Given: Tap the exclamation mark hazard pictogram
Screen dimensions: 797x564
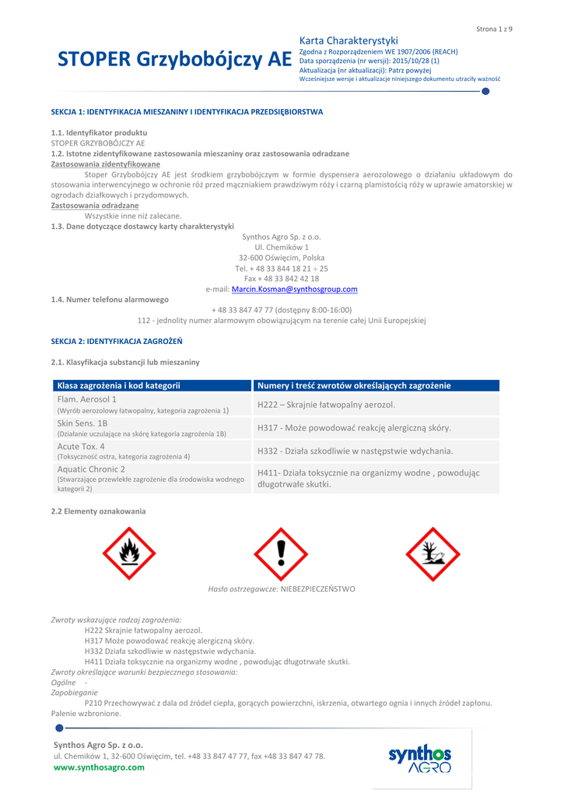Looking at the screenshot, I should (x=281, y=553).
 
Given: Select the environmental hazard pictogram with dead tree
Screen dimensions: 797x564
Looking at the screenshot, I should (x=433, y=553).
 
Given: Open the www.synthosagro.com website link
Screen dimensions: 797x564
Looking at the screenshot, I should (x=99, y=767).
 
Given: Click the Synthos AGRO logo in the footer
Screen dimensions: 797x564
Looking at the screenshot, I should (x=419, y=758).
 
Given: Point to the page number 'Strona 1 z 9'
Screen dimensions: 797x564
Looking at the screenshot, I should (x=494, y=29).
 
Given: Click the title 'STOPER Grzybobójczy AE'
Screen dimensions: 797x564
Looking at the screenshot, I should (x=175, y=60).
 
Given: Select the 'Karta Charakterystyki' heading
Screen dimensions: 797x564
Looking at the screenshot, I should (x=349, y=40).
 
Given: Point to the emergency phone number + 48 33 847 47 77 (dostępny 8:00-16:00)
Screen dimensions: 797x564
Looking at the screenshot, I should (x=282, y=310).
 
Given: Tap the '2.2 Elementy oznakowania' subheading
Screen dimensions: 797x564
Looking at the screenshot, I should (x=98, y=511).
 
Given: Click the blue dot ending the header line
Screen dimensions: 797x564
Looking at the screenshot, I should (x=485, y=92).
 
